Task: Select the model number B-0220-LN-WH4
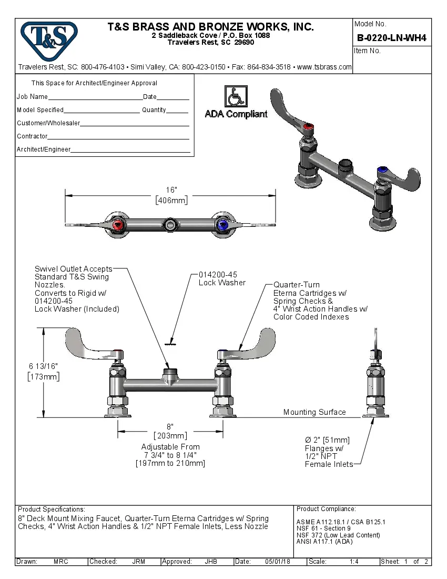point(391,38)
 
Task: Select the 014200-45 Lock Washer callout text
point(221,278)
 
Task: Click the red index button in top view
point(118,225)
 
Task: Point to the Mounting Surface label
point(314,412)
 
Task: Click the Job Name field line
point(95,97)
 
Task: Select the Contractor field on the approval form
point(118,137)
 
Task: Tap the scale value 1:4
point(354,562)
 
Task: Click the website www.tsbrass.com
point(324,67)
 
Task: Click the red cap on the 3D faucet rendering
point(309,127)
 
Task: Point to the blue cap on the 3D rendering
point(383,171)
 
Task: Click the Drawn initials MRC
point(61,562)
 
